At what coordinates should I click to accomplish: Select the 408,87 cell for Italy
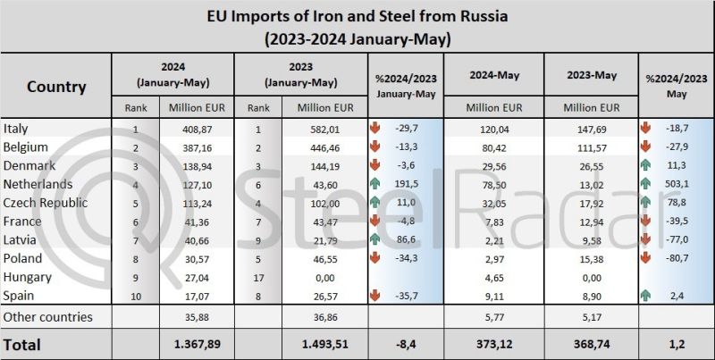[198, 129]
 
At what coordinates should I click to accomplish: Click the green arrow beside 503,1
[647, 184]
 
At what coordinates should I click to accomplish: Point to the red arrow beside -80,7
[647, 258]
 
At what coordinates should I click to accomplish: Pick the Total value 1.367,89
[198, 344]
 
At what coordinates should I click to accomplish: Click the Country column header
[56, 87]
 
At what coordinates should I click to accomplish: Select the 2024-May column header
[494, 77]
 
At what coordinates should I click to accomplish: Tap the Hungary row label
[28, 277]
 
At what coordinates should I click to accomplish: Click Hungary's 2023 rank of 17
[257, 277]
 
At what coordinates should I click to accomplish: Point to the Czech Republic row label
[45, 203]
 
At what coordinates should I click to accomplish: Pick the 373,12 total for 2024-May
[494, 344]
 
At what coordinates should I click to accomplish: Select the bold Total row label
[23, 344]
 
